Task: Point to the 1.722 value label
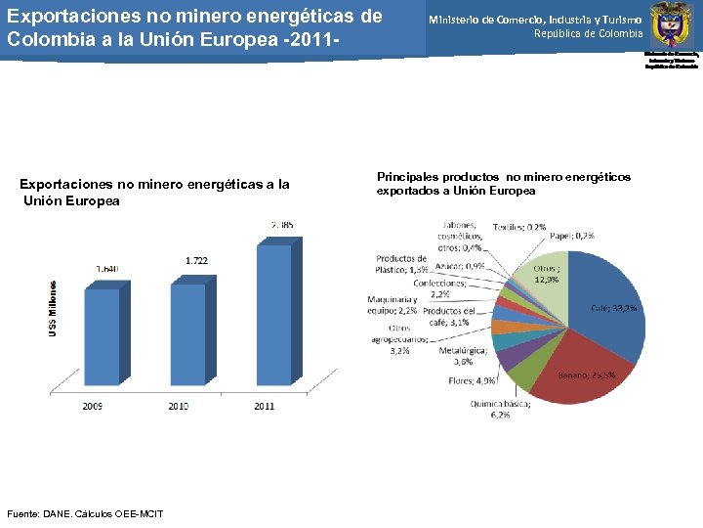click(x=196, y=260)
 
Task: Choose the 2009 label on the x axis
click(x=93, y=405)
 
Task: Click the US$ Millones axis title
click(x=54, y=306)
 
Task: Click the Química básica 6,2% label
click(x=500, y=409)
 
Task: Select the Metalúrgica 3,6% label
click(x=455, y=354)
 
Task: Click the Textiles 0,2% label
click(x=518, y=227)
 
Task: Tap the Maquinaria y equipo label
click(x=393, y=304)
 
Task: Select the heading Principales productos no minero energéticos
click(x=503, y=183)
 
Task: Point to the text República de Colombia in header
click(x=588, y=33)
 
